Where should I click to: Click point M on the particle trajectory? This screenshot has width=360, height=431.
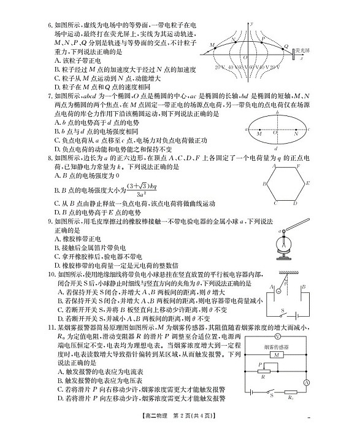tap(212, 47)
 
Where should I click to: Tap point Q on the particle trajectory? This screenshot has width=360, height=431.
tap(285, 47)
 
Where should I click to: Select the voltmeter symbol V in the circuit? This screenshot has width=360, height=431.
tap(277, 338)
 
